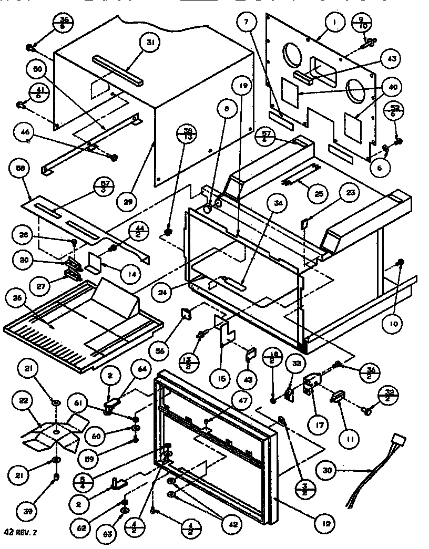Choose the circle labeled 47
pos(228,400)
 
